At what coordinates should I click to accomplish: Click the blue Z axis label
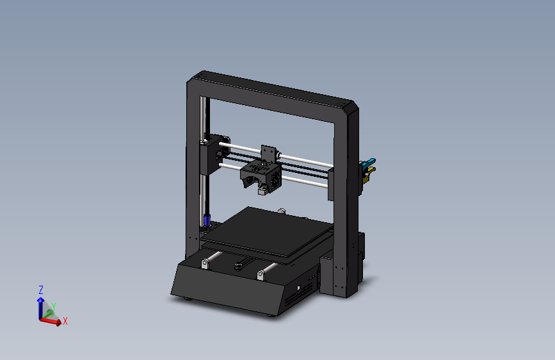click(41, 290)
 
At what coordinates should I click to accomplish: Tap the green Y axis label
click(54, 307)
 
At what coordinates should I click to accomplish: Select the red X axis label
click(65, 321)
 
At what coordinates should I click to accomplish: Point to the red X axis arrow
click(52, 321)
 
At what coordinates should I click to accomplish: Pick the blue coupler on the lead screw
click(207, 220)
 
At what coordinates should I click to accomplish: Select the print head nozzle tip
click(261, 192)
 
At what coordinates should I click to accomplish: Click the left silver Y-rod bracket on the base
click(205, 263)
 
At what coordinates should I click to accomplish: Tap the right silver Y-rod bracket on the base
click(262, 275)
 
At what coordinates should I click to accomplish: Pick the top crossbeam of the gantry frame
click(275, 90)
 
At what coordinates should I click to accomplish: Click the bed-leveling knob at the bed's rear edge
click(282, 210)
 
